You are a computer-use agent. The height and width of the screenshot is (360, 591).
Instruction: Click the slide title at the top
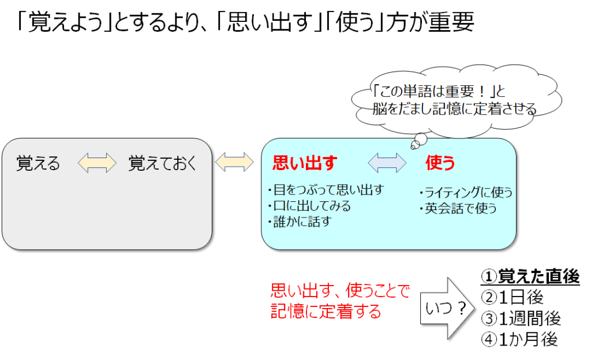[245, 23]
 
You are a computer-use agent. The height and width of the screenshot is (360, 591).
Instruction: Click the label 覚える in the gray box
[38, 163]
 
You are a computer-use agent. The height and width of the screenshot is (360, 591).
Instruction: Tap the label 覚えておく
[162, 163]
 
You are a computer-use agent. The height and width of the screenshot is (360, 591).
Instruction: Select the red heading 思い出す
[304, 163]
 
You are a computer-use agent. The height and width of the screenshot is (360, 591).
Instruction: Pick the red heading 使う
[440, 163]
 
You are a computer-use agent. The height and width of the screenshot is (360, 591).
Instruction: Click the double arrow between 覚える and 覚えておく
[96, 163]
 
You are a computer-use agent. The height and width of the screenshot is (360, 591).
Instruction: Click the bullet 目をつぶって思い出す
[327, 190]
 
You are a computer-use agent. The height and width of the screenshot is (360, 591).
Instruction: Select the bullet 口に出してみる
[309, 205]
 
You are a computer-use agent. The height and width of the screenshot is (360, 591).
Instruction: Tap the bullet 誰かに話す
[300, 221]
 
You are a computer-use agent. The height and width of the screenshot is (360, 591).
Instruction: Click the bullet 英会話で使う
[458, 208]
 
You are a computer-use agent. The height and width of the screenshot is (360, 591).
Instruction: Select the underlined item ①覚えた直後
[530, 277]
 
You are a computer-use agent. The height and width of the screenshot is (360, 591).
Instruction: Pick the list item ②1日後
[512, 298]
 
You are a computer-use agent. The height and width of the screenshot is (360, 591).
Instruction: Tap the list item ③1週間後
[521, 318]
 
